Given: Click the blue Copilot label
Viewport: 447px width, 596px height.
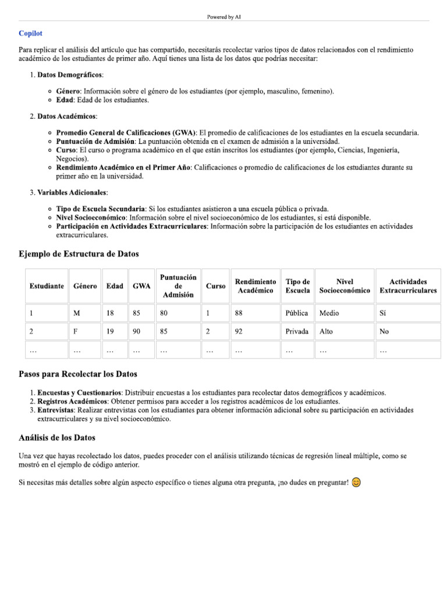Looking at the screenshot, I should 30,34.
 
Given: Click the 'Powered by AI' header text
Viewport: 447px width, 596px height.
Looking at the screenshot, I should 223,17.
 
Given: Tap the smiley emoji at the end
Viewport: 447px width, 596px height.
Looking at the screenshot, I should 356,483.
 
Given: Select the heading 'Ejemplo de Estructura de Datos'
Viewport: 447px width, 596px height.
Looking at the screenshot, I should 79,254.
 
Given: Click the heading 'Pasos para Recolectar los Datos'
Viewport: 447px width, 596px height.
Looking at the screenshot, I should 78,374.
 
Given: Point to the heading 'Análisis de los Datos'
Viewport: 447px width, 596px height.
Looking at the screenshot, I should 57,438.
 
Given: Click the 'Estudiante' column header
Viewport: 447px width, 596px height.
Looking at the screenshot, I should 47,286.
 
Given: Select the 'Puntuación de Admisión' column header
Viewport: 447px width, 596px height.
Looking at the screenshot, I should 178,286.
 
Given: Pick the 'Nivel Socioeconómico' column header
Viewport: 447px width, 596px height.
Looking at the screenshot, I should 345,286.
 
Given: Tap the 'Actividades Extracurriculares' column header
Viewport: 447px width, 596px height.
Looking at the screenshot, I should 408,286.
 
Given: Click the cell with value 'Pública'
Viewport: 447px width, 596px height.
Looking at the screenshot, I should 297,313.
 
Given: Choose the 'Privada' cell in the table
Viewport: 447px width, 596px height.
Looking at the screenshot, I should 297,332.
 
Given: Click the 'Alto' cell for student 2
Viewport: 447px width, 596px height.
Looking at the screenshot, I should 327,332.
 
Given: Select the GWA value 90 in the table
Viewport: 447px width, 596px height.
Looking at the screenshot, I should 137,332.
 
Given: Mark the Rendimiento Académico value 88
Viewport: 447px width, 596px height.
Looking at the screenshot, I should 239,313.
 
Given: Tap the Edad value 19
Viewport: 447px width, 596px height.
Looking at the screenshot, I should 110,332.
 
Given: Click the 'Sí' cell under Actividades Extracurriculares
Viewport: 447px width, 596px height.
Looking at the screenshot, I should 383,313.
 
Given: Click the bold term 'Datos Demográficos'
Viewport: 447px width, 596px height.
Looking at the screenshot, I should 70,75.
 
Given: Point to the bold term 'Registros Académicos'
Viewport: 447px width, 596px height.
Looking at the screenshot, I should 72,402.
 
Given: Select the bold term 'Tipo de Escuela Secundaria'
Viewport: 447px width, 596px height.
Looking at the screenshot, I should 101,209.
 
